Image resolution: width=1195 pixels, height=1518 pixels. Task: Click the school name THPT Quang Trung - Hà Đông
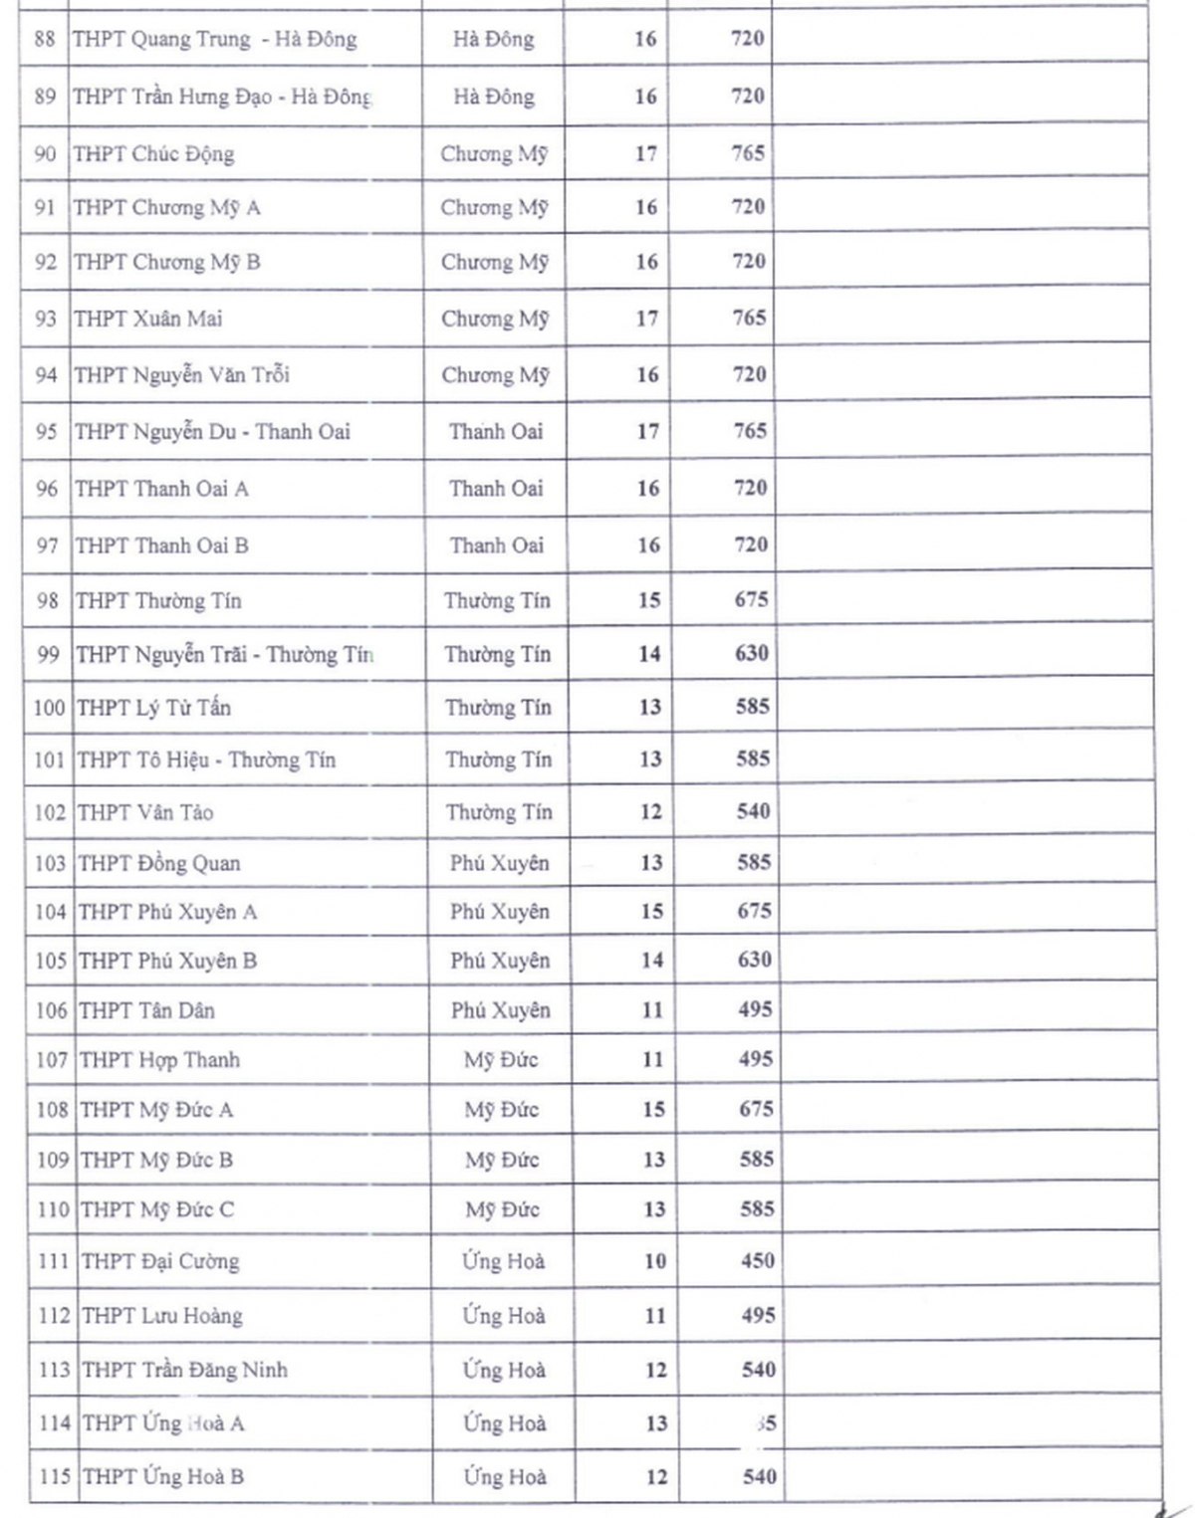(214, 40)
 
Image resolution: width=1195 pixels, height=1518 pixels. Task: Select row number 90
(45, 154)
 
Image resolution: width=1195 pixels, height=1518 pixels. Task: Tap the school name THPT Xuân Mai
(148, 319)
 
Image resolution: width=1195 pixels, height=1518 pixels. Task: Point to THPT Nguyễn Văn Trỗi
(182, 375)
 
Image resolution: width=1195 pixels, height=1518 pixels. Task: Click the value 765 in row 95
(750, 431)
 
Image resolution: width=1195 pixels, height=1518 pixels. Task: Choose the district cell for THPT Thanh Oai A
(496, 489)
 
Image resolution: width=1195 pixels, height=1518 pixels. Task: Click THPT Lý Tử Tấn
(154, 708)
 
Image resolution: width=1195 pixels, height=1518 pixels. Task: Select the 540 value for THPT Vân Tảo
(753, 811)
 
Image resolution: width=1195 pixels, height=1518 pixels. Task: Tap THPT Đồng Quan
(159, 863)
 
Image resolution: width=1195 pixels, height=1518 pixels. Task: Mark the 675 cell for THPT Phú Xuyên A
(754, 911)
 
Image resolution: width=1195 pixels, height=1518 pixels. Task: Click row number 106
(51, 1010)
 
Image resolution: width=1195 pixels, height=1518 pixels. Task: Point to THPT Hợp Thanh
(159, 1060)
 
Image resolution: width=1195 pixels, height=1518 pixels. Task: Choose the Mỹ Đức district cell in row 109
(502, 1160)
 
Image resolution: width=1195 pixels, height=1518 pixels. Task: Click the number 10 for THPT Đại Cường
(654, 1261)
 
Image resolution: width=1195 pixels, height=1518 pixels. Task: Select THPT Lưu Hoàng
(162, 1316)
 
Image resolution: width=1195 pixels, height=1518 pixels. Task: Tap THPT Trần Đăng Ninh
(185, 1370)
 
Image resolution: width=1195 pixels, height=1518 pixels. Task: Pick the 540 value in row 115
(759, 1476)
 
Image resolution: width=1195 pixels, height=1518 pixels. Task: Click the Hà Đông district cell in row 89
(494, 97)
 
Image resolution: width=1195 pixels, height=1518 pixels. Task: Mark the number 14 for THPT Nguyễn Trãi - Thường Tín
(649, 654)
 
